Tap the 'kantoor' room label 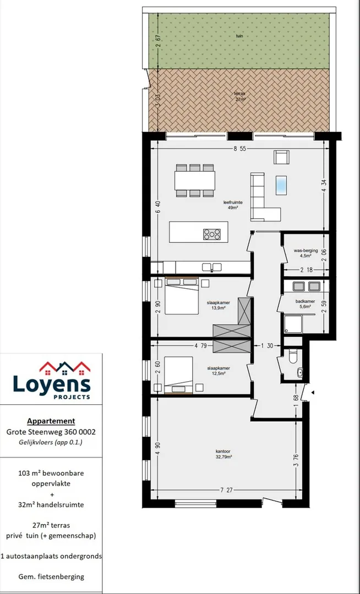click(x=223, y=451)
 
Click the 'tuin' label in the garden click(x=239, y=36)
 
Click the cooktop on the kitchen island click(x=212, y=234)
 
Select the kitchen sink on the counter click(x=212, y=267)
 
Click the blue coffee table click(x=281, y=185)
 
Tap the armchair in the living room click(x=281, y=157)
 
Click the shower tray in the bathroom click(x=293, y=324)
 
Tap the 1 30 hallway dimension click(x=267, y=345)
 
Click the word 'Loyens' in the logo click(x=52, y=384)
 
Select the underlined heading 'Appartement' click(x=51, y=421)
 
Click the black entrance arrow click(x=312, y=393)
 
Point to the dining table click(x=195, y=181)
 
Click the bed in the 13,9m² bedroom click(x=182, y=296)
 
